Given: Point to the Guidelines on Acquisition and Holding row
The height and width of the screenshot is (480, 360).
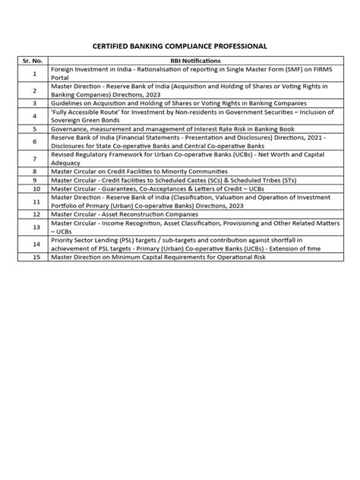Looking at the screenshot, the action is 178,102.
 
